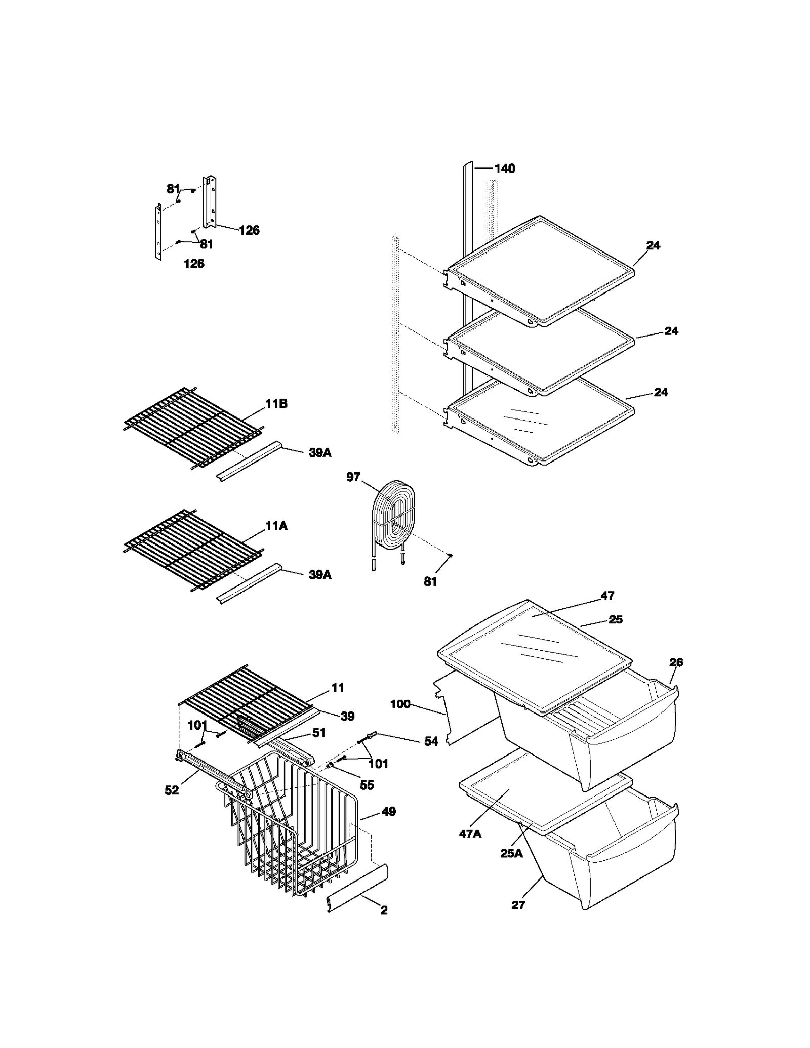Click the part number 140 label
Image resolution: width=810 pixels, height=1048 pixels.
(x=504, y=169)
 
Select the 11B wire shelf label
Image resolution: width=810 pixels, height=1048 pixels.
(x=276, y=404)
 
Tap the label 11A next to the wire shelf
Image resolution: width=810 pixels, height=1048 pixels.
(x=276, y=526)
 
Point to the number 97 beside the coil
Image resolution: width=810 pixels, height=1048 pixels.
(x=353, y=477)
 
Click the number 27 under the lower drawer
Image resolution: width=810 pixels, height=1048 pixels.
(x=518, y=905)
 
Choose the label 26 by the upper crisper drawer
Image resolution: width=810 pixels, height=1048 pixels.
(x=676, y=662)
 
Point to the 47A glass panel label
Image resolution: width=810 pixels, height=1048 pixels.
(x=470, y=834)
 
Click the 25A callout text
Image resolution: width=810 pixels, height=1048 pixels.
(x=511, y=854)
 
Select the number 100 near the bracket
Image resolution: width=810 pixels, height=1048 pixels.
(x=400, y=704)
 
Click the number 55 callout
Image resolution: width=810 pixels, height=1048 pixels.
(x=367, y=785)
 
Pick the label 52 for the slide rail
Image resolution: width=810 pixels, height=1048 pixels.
(x=172, y=790)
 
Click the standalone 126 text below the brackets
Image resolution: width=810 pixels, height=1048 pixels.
(x=194, y=264)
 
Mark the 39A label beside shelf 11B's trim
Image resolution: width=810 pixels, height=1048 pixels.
(x=320, y=453)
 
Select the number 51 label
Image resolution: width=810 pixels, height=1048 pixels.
(x=318, y=733)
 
